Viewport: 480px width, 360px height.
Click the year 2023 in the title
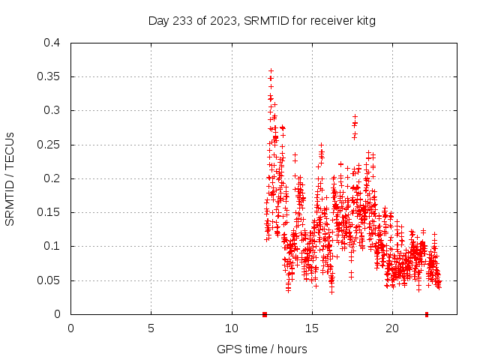coord(224,21)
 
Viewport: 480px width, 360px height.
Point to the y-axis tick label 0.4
coord(51,43)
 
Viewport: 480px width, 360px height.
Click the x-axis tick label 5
coord(151,328)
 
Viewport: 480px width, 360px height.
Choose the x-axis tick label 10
coord(232,328)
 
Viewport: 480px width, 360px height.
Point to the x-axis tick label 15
coord(312,328)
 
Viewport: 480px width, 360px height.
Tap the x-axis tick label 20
coord(392,328)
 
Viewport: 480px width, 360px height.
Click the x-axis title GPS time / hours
coord(262,349)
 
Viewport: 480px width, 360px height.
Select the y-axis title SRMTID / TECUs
coord(10,178)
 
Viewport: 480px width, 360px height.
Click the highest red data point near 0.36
coord(271,70)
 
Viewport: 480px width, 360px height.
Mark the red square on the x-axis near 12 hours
coord(265,314)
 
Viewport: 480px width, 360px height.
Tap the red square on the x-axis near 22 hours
coord(427,314)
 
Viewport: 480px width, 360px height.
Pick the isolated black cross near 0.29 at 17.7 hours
coord(355,116)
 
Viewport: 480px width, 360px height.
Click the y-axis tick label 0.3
coord(51,110)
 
